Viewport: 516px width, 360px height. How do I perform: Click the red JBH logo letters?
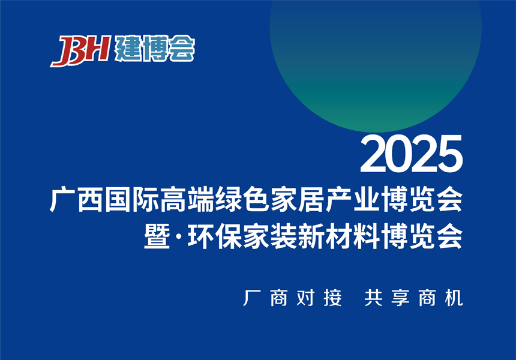pos(79,50)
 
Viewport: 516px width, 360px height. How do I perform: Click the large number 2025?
pos(411,154)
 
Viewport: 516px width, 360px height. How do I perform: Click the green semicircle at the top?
pos(375,60)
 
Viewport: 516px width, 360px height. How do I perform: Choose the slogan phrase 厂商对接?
pos(292,298)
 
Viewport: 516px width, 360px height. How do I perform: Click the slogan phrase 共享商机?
pos(413,298)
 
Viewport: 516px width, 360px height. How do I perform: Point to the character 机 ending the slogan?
pos(455,298)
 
